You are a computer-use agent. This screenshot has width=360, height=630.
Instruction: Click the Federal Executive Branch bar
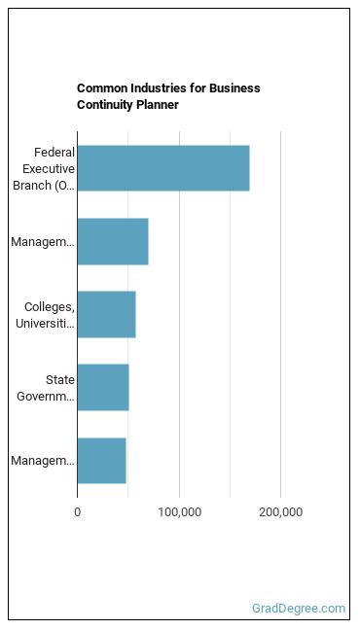163,168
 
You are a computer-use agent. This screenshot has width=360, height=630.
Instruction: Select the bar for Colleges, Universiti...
107,314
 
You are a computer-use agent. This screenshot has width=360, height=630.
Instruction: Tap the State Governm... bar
103,387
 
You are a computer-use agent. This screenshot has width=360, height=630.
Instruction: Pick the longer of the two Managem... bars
113,241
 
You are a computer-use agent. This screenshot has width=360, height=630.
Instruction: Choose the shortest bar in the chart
102,461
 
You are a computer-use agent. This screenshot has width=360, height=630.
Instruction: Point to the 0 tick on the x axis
78,512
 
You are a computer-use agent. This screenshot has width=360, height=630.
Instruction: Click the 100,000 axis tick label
179,512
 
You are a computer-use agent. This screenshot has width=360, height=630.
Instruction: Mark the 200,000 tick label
281,512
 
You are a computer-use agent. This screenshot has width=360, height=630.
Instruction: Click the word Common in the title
100,88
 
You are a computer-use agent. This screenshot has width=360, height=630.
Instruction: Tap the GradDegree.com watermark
299,609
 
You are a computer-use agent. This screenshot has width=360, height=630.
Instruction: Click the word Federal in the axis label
54,153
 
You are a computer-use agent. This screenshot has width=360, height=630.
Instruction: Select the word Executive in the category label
49,169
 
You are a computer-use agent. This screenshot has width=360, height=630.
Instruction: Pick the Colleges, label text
50,307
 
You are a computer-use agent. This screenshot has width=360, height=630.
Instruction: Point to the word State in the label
60,380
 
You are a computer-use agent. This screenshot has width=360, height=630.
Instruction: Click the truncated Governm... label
46,397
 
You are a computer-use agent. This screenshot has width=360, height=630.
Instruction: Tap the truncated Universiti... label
45,324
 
